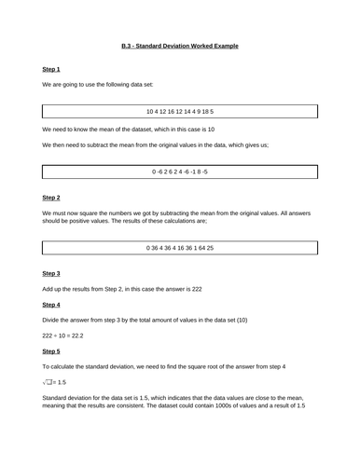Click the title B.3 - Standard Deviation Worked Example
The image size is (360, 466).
tap(180, 45)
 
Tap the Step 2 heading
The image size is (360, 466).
tap(51, 198)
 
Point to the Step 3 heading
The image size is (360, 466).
tap(51, 272)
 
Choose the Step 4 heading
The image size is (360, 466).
tap(51, 304)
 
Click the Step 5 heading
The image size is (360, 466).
tap(51, 350)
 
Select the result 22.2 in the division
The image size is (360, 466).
tap(75, 335)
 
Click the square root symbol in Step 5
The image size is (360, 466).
tap(47, 382)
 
